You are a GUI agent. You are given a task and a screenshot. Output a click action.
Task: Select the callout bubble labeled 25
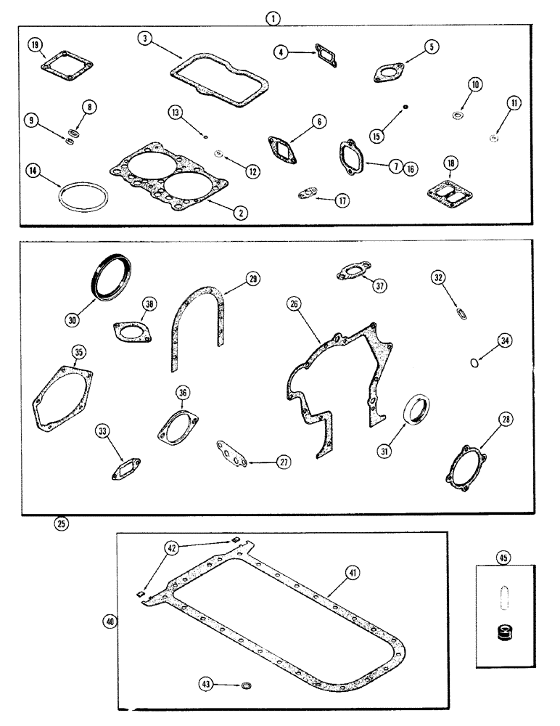(62, 522)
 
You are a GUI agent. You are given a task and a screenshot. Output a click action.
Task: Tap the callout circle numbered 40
(110, 621)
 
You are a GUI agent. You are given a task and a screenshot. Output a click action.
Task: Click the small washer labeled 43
(245, 685)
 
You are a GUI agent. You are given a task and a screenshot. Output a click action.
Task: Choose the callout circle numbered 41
(353, 574)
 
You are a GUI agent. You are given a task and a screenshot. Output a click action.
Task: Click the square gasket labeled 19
(61, 65)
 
